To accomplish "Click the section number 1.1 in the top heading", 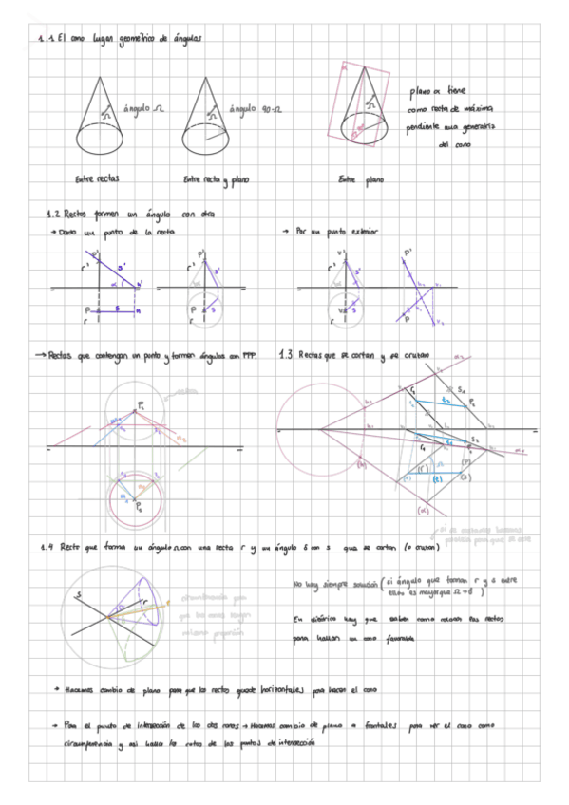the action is point(38,39).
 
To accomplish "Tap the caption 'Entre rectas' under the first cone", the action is point(97,178).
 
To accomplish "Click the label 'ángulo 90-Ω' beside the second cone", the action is point(252,110).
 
